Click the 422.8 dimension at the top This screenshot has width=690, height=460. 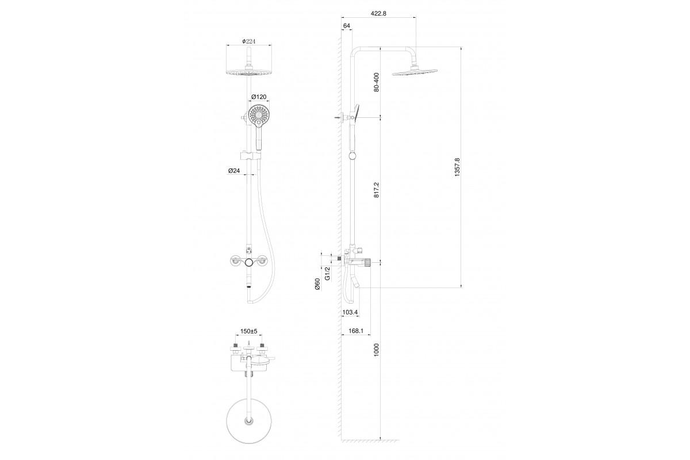pos(378,14)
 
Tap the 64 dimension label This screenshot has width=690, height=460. pos(347,26)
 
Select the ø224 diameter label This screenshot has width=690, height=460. pos(249,41)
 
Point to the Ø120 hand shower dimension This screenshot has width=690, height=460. pos(259,97)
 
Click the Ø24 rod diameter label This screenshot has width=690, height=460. pos(234,171)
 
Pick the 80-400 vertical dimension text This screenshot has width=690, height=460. pos(376,82)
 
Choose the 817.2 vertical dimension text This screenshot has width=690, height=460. pos(376,190)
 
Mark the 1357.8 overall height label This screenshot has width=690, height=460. pos(457,167)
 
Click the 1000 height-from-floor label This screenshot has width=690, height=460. pos(376,350)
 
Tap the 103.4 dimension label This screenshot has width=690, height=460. pos(350,312)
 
